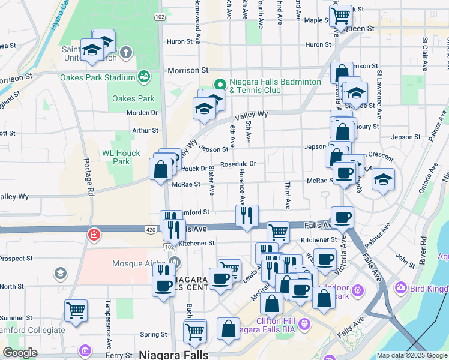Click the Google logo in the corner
pos(20,353)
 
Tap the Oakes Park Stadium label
pos(97,77)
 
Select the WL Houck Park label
pos(121,157)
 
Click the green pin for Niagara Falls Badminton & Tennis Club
pos(220,85)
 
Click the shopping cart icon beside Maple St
pos(341,15)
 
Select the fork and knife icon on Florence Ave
pos(246,215)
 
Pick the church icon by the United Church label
pos(125,52)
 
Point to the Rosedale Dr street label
pos(238,163)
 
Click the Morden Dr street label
pos(142,112)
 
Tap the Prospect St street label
pos(16,259)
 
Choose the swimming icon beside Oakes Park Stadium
pos(143,76)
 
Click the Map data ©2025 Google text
pos(411,355)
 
